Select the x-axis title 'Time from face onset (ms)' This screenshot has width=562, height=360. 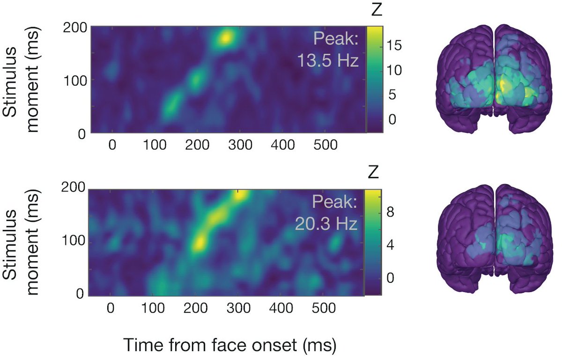pyautogui.click(x=230, y=345)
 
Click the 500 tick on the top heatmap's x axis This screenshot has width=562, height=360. pyautogui.click(x=325, y=146)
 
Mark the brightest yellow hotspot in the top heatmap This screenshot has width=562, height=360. pyautogui.click(x=226, y=37)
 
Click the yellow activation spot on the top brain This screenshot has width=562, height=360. pyautogui.click(x=503, y=87)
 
